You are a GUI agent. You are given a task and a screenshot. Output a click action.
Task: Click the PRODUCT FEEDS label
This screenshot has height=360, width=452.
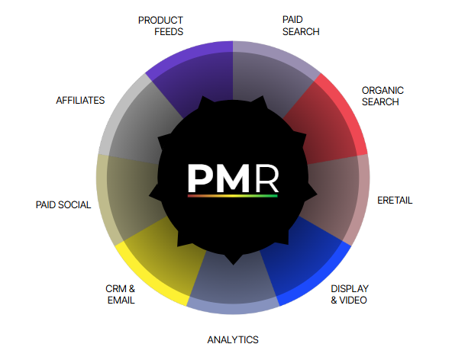(160, 26)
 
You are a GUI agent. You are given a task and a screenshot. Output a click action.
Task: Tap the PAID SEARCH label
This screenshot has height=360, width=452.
(301, 26)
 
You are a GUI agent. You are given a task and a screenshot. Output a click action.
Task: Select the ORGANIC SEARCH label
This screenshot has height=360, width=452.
(383, 96)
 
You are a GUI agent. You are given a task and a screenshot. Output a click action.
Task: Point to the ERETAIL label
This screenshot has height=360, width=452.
(395, 200)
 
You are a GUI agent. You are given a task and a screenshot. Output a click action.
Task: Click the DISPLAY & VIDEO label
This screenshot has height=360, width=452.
(350, 294)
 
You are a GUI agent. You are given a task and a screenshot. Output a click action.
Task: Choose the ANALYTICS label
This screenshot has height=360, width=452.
(233, 340)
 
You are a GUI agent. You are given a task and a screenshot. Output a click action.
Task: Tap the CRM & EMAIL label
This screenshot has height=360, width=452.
(120, 294)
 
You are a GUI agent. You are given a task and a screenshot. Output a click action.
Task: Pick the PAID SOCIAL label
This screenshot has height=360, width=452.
(63, 204)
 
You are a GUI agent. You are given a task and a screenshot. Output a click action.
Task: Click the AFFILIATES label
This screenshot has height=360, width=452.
(80, 100)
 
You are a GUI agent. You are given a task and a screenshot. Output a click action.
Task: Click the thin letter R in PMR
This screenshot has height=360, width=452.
(267, 178)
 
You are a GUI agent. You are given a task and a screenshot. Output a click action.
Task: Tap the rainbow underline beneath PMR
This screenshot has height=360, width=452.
(233, 196)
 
